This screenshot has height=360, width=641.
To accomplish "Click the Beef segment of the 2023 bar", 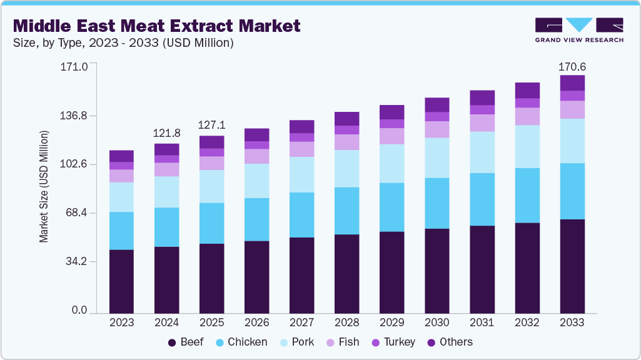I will (121, 281).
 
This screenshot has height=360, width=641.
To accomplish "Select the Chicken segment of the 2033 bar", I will (572, 191).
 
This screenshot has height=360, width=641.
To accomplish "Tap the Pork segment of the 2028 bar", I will (346, 169).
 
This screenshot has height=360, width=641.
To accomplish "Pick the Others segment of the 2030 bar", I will (437, 104).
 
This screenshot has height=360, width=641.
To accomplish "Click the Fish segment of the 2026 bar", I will (256, 156).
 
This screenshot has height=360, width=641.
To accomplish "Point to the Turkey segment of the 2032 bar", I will (527, 103).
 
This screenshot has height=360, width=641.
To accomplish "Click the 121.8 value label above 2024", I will (166, 133).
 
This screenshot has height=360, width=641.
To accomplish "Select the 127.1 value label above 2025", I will (211, 125).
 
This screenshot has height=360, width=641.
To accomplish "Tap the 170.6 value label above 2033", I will (572, 67).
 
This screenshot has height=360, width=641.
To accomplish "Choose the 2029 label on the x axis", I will (391, 322).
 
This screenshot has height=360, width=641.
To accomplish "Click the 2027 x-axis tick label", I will (301, 322).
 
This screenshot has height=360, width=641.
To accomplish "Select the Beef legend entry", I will (186, 342).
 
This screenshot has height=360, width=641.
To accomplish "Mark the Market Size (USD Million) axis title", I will (44, 186).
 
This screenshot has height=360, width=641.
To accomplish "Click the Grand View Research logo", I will (578, 30).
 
